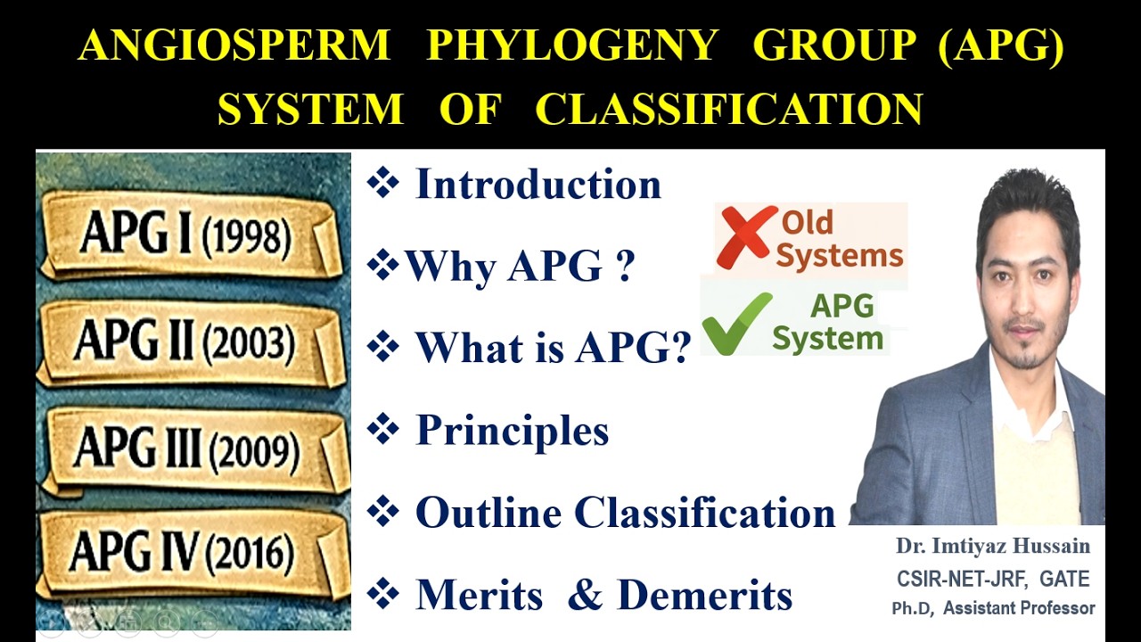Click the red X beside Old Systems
745,236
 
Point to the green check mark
736,323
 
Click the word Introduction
538,185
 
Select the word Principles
512,431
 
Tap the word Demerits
704,595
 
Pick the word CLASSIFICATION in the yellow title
728,109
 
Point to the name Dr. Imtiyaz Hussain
993,546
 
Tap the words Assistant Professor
1019,609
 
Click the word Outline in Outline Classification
488,513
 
